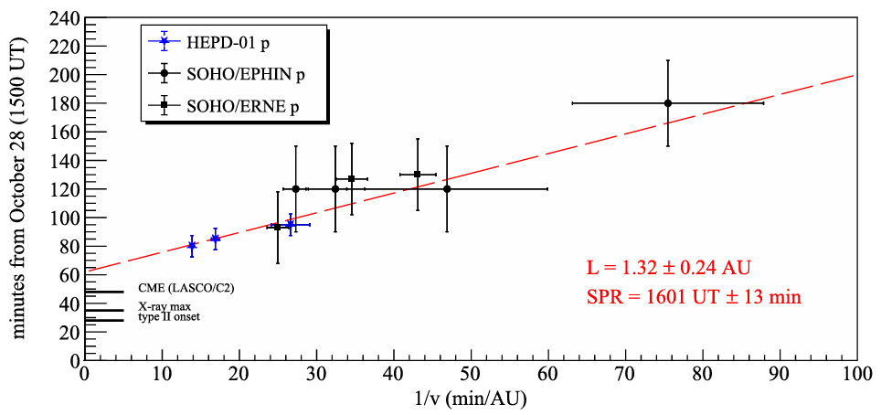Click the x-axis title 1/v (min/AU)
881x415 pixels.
pos(471,399)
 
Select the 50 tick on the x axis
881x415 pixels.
pos(471,374)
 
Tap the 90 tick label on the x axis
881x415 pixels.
pos(780,374)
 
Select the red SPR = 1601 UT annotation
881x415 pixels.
pos(694,297)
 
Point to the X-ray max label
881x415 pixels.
pos(164,306)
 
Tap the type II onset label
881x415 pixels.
pos(169,317)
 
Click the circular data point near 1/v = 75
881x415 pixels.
pos(668,103)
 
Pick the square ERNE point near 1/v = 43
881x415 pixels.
pos(417,174)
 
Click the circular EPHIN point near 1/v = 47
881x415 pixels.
pos(447,189)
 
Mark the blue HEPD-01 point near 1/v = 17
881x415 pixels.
pos(215,239)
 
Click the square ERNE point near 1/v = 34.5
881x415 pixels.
pos(351,179)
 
